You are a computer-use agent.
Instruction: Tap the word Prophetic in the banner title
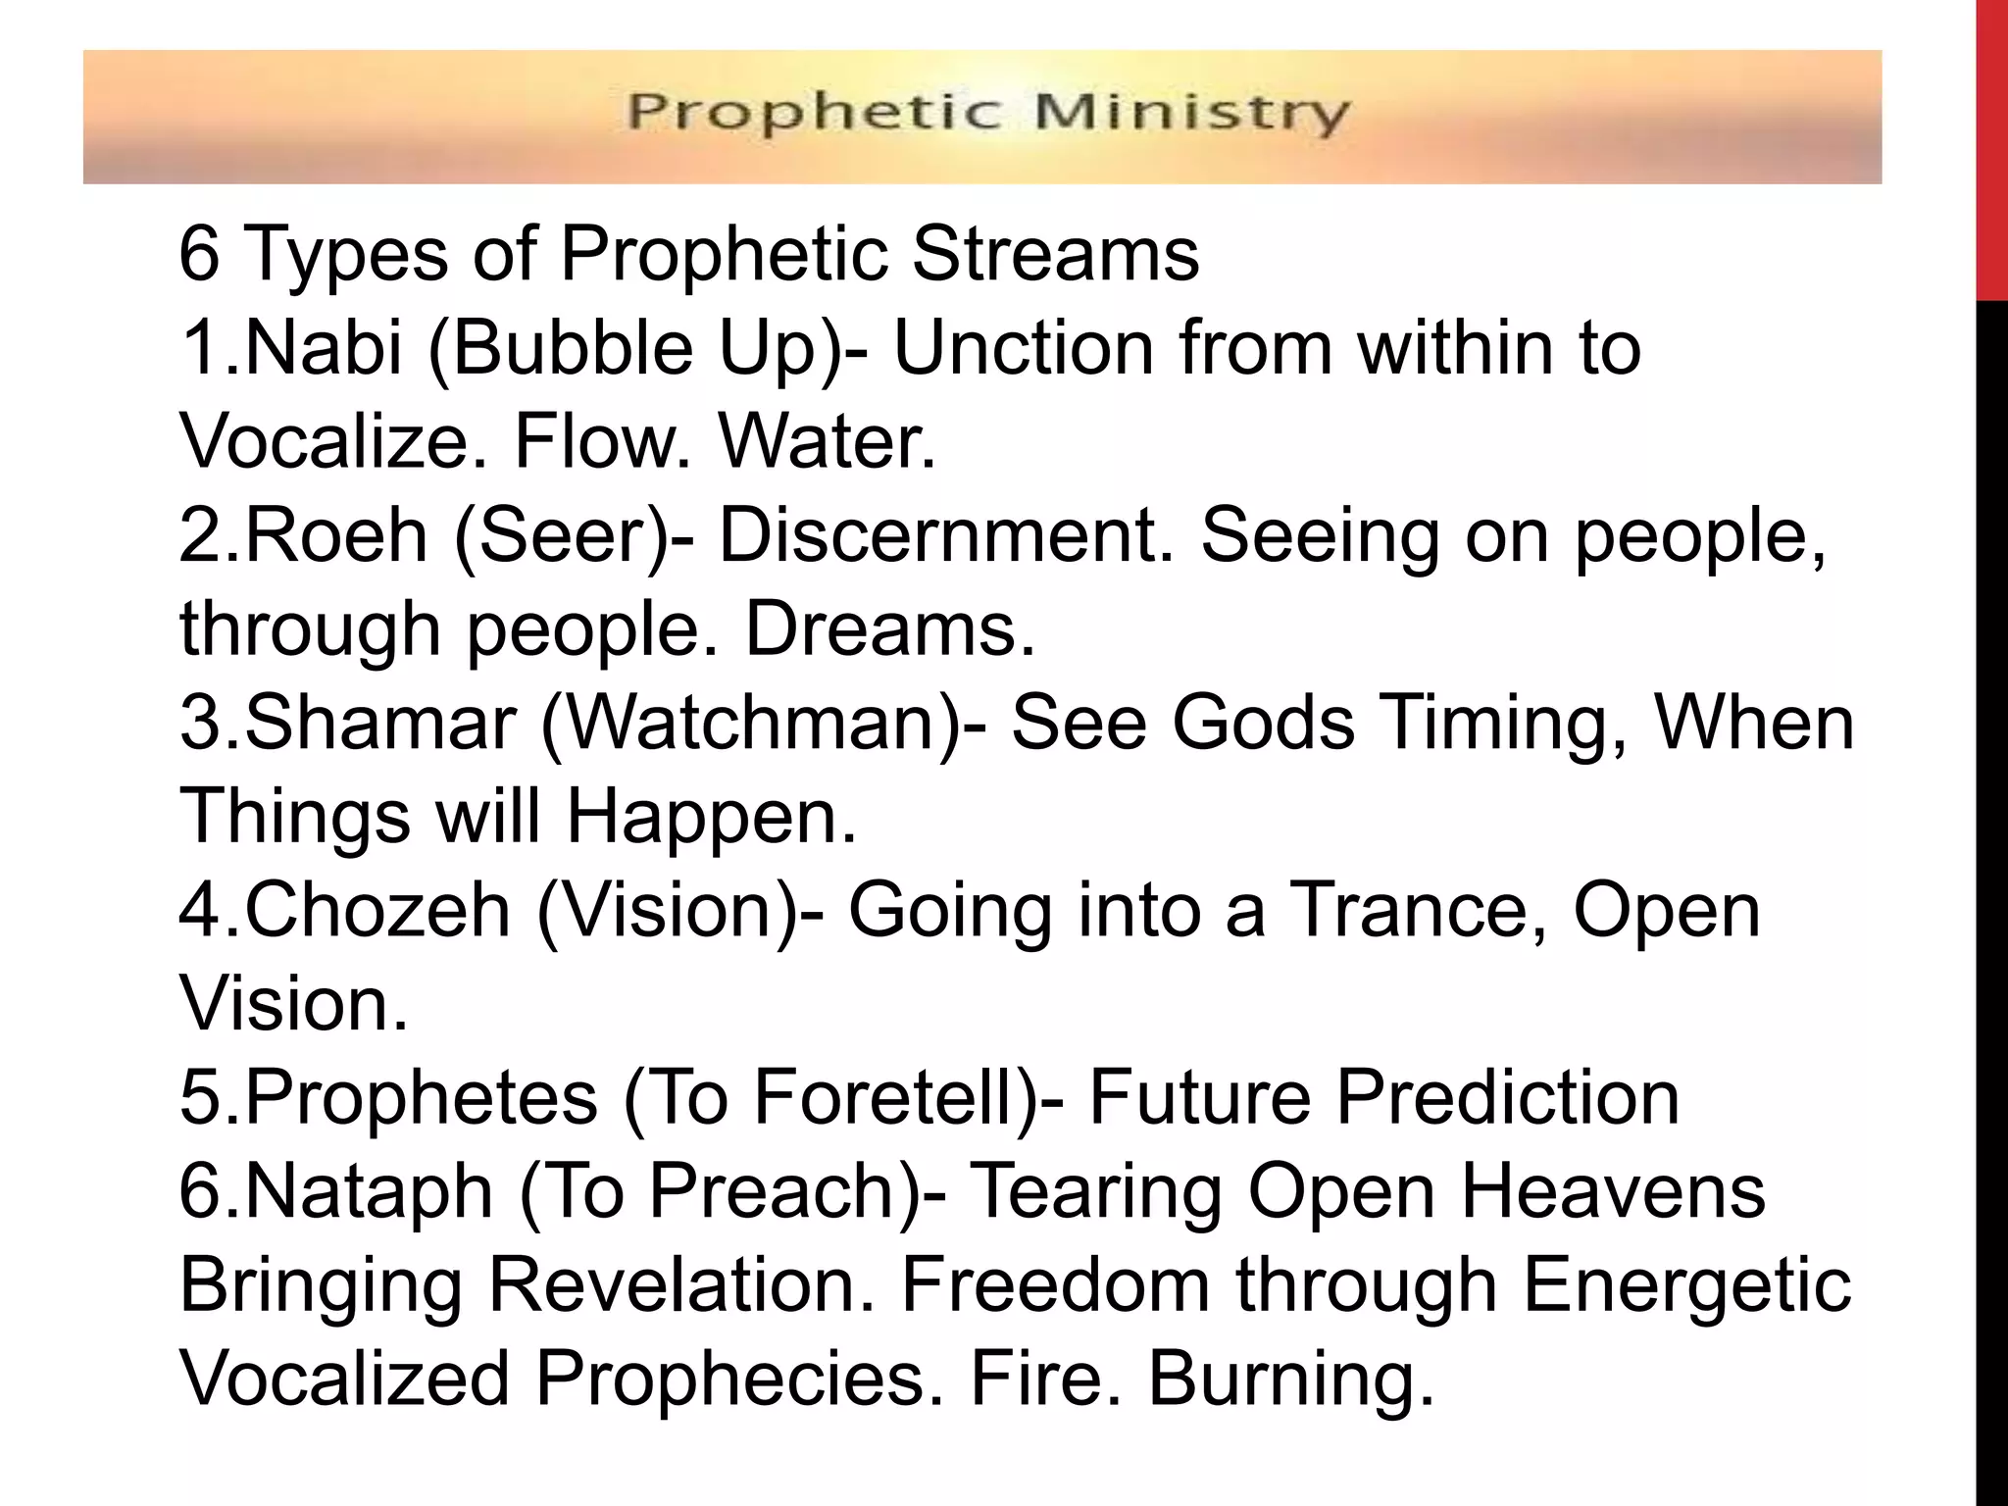(815, 113)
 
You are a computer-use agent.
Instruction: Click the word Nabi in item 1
(323, 348)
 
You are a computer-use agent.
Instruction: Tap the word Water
(828, 442)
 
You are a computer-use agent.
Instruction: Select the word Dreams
(890, 629)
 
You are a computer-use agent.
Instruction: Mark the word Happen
(712, 817)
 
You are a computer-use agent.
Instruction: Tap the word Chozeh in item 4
(377, 910)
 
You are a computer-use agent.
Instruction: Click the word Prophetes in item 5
(421, 1097)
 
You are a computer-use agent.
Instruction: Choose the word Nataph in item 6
(369, 1191)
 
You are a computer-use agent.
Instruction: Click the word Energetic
(1686, 1285)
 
